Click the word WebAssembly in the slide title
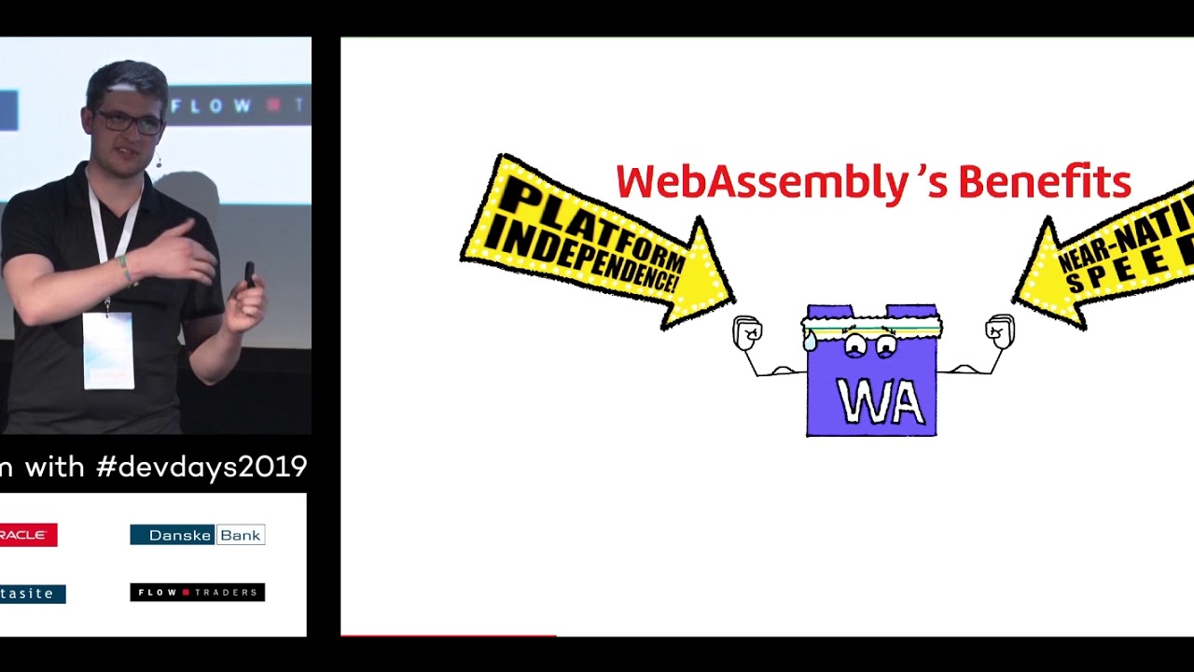pyautogui.click(x=760, y=182)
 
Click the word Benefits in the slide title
pyautogui.click(x=1044, y=182)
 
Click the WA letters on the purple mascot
pyautogui.click(x=880, y=402)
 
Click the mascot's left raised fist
pyautogui.click(x=747, y=332)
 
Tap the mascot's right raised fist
pyautogui.click(x=1000, y=330)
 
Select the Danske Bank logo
pyautogui.click(x=197, y=535)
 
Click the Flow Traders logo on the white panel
pyautogui.click(x=197, y=592)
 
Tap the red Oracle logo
pyautogui.click(x=28, y=535)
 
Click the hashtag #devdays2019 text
pyautogui.click(x=201, y=466)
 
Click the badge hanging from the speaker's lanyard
pyautogui.click(x=108, y=350)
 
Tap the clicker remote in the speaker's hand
pyautogui.click(x=249, y=276)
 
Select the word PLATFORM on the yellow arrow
pyautogui.click(x=588, y=224)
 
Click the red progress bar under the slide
pyautogui.click(x=449, y=636)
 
